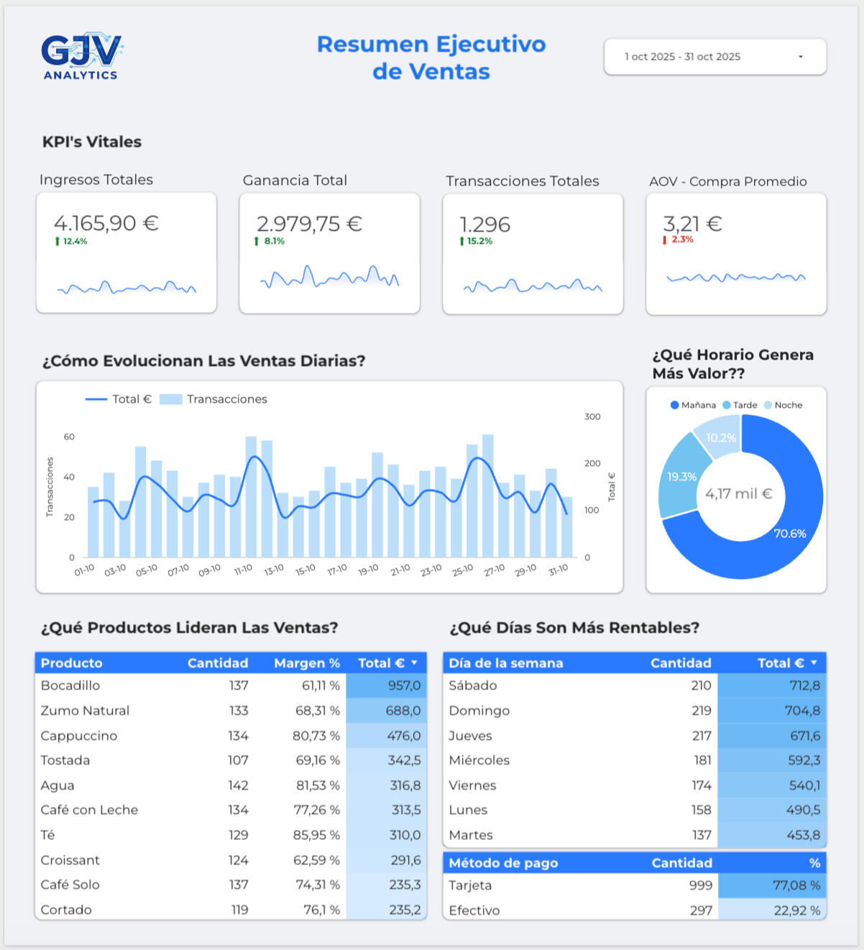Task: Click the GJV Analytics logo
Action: coord(81,55)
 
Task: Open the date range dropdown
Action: coord(714,57)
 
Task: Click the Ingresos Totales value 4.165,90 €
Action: coord(106,223)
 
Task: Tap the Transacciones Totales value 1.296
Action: coord(485,224)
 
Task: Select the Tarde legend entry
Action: coord(740,405)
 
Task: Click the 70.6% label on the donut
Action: coord(789,534)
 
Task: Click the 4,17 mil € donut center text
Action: coord(738,493)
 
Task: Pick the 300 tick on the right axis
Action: coord(592,416)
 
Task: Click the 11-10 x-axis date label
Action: coord(243,570)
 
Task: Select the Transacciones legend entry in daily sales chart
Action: coord(213,399)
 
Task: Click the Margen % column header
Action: coord(307,663)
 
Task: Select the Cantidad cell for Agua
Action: coord(238,785)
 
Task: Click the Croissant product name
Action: coord(70,860)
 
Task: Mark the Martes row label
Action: coord(471,835)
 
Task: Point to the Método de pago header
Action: coord(503,863)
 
